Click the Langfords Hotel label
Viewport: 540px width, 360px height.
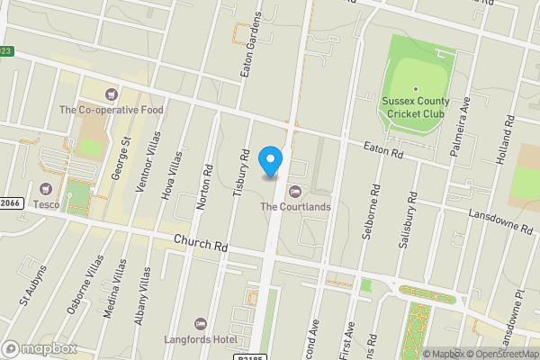tap(200, 338)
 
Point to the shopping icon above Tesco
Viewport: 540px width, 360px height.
tap(46, 189)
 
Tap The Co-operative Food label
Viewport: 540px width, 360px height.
tap(111, 110)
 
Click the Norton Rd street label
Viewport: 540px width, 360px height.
tap(206, 187)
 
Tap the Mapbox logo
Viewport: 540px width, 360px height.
tap(40, 348)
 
